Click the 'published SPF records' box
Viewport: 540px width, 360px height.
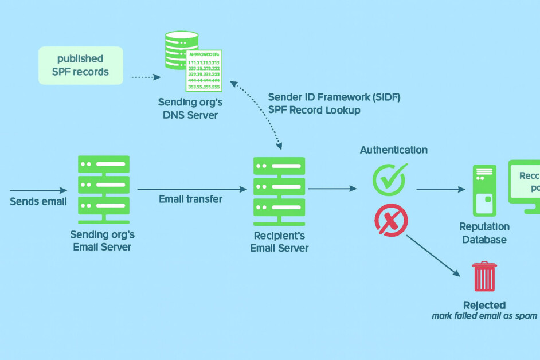(x=80, y=66)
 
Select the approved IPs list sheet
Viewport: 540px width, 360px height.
(x=204, y=70)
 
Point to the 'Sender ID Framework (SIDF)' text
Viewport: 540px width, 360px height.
(x=334, y=97)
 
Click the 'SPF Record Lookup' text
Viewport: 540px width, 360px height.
(x=314, y=110)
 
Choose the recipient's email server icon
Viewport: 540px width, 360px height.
(x=279, y=185)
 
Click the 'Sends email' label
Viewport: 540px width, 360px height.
(x=38, y=202)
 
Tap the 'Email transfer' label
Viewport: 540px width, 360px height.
(x=190, y=199)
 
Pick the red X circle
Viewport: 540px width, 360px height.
(x=390, y=219)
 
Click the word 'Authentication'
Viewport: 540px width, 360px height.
(x=393, y=150)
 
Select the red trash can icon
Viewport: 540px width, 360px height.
(x=484, y=277)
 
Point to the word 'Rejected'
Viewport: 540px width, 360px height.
(x=484, y=305)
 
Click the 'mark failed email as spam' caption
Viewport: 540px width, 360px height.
(x=484, y=316)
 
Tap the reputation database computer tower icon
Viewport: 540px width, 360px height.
(x=483, y=190)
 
